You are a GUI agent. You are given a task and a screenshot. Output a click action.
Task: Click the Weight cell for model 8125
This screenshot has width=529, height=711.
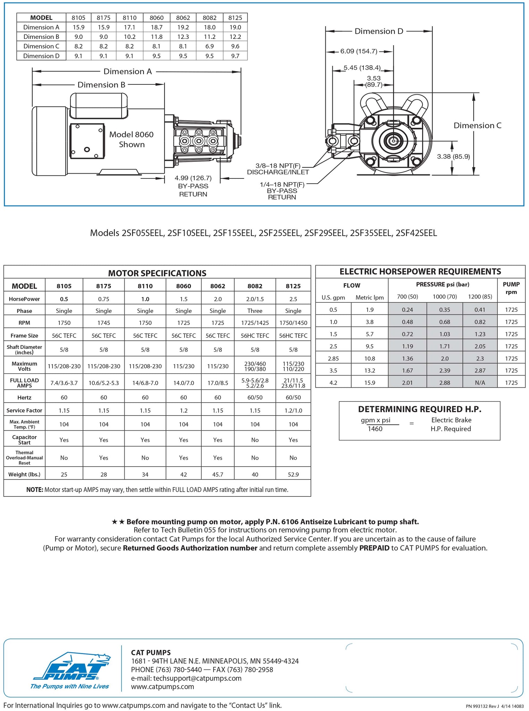pyautogui.click(x=293, y=474)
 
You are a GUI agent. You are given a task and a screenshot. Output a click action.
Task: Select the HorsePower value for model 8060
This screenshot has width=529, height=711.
pyautogui.click(x=183, y=299)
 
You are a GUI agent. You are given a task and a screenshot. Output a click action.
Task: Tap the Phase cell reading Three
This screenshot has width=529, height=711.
pyautogui.click(x=255, y=311)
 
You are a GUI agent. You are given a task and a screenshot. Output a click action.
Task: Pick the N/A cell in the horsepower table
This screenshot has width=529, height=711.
pyautogui.click(x=480, y=383)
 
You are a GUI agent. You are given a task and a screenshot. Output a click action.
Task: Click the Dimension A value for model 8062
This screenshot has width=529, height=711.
pyautogui.click(x=183, y=27)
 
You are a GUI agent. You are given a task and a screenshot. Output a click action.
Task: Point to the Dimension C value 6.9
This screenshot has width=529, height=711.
pyautogui.click(x=209, y=46)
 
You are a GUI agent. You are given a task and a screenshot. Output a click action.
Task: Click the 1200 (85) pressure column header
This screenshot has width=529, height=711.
pyautogui.click(x=480, y=296)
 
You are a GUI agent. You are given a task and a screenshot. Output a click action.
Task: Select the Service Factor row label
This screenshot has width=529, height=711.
pyautogui.click(x=24, y=410)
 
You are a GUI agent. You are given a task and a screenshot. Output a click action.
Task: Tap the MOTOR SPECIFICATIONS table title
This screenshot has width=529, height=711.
pyautogui.click(x=157, y=273)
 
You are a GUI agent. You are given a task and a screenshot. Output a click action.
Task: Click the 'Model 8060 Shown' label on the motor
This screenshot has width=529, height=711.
pyautogui.click(x=131, y=139)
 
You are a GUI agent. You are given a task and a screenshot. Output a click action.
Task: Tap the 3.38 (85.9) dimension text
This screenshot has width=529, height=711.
pyautogui.click(x=453, y=157)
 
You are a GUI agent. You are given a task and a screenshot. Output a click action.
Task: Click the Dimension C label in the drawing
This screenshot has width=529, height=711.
pyautogui.click(x=477, y=126)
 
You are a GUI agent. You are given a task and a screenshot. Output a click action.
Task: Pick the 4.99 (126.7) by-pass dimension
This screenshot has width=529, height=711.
pyautogui.click(x=193, y=178)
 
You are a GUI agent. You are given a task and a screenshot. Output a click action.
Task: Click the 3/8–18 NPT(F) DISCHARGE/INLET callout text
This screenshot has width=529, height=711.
pyautogui.click(x=278, y=169)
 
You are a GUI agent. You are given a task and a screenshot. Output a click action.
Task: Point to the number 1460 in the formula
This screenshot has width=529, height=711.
pyautogui.click(x=375, y=429)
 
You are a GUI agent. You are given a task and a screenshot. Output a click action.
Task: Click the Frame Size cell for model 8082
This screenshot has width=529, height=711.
pyautogui.click(x=255, y=335)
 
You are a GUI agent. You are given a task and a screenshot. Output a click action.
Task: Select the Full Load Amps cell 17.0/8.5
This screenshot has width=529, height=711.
pyautogui.click(x=218, y=383)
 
